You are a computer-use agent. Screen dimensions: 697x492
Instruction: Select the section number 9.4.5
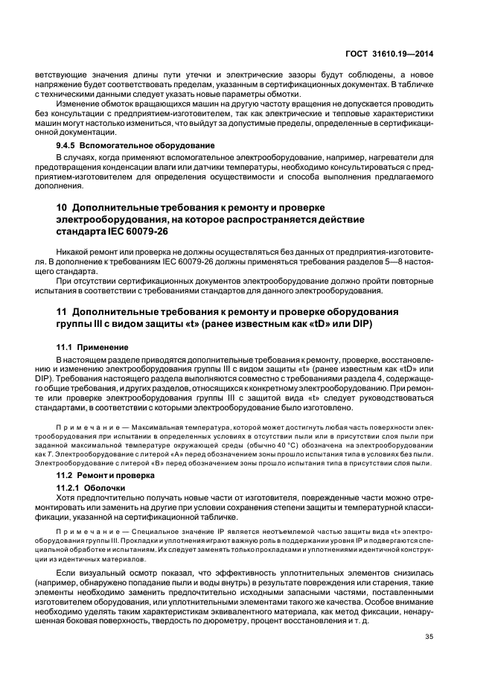coord(68,145)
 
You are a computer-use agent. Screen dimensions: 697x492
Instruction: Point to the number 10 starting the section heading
coord(63,206)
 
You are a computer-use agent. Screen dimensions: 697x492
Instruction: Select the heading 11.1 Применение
coord(92,348)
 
